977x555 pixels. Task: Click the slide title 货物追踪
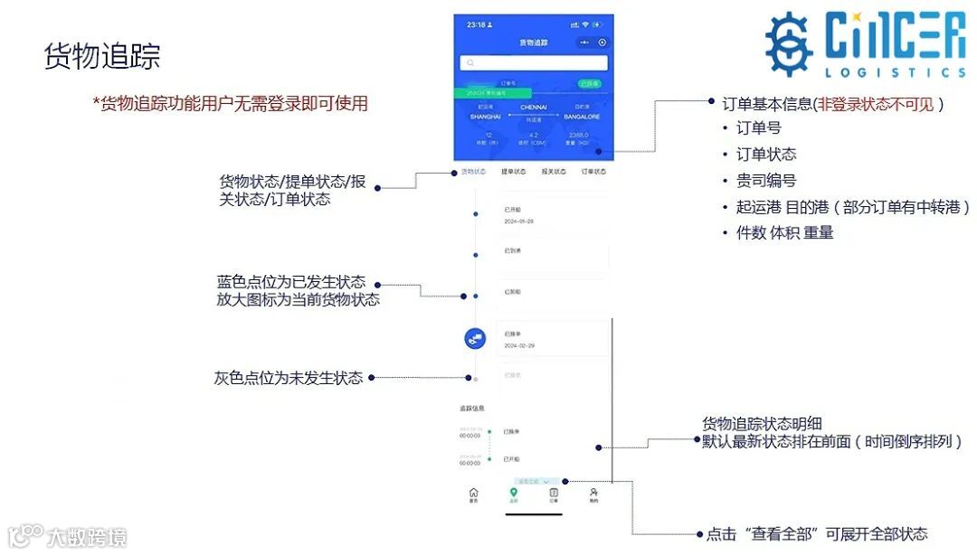(102, 56)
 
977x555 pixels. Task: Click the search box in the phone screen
(532, 62)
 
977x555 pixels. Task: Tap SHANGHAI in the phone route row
(486, 117)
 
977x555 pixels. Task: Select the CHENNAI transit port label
(534, 108)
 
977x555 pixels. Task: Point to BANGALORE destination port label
(582, 117)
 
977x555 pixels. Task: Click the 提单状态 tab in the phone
(514, 171)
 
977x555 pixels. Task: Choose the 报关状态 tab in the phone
(554, 171)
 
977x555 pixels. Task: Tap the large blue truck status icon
(476, 338)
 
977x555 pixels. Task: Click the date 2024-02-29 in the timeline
(519, 345)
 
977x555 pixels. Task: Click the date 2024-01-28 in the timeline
(518, 221)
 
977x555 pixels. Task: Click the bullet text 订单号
(759, 128)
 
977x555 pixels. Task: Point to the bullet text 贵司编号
(766, 181)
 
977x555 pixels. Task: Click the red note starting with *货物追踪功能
(230, 104)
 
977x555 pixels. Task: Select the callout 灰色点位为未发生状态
(289, 378)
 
